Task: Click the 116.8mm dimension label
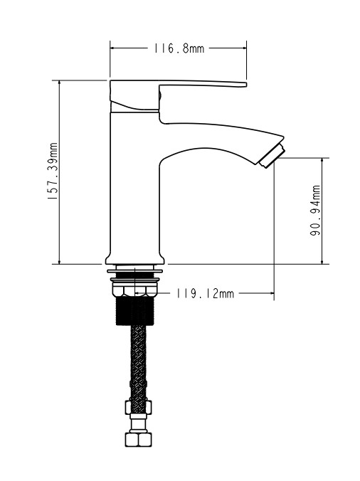[179, 48]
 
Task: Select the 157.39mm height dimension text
[53, 171]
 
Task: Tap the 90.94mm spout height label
[315, 211]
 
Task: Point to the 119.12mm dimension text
[205, 294]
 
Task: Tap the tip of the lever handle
[245, 85]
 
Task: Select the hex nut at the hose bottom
[138, 439]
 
